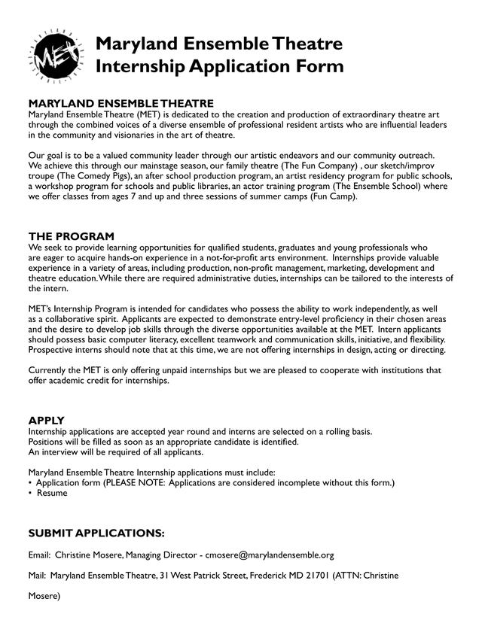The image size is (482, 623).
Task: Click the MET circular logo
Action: point(53,54)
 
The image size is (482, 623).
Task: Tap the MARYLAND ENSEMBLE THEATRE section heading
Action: point(120,103)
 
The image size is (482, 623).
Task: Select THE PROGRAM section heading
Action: point(72,236)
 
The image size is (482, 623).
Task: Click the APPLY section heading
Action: point(46,420)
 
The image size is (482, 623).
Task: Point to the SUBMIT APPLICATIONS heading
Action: point(96,533)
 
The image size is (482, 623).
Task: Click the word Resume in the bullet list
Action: point(52,494)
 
